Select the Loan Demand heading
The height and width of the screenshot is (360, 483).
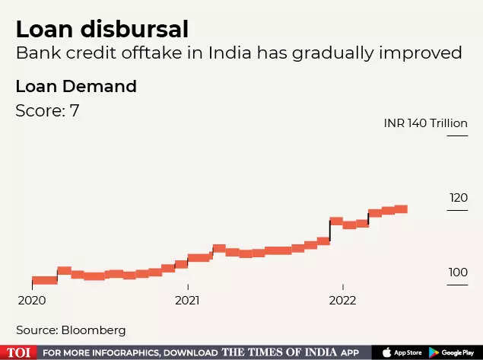[x=76, y=86]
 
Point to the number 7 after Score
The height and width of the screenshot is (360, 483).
[x=75, y=110]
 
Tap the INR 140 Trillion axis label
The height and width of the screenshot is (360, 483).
[x=426, y=123]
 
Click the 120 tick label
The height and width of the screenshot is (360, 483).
[x=458, y=197]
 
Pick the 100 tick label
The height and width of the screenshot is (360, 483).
[x=458, y=272]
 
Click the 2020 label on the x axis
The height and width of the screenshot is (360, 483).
[x=31, y=300]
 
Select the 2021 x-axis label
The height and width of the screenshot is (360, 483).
[x=187, y=300]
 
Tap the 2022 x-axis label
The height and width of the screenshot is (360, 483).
[x=342, y=300]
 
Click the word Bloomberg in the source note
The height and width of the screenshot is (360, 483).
[x=93, y=330]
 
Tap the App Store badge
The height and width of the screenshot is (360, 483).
[x=402, y=352]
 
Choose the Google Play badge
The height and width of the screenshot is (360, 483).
[x=453, y=352]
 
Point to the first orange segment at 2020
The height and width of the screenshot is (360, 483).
[x=44, y=280]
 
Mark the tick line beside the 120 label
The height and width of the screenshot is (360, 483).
[x=457, y=210]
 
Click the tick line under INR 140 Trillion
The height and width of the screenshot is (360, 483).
[x=457, y=135]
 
